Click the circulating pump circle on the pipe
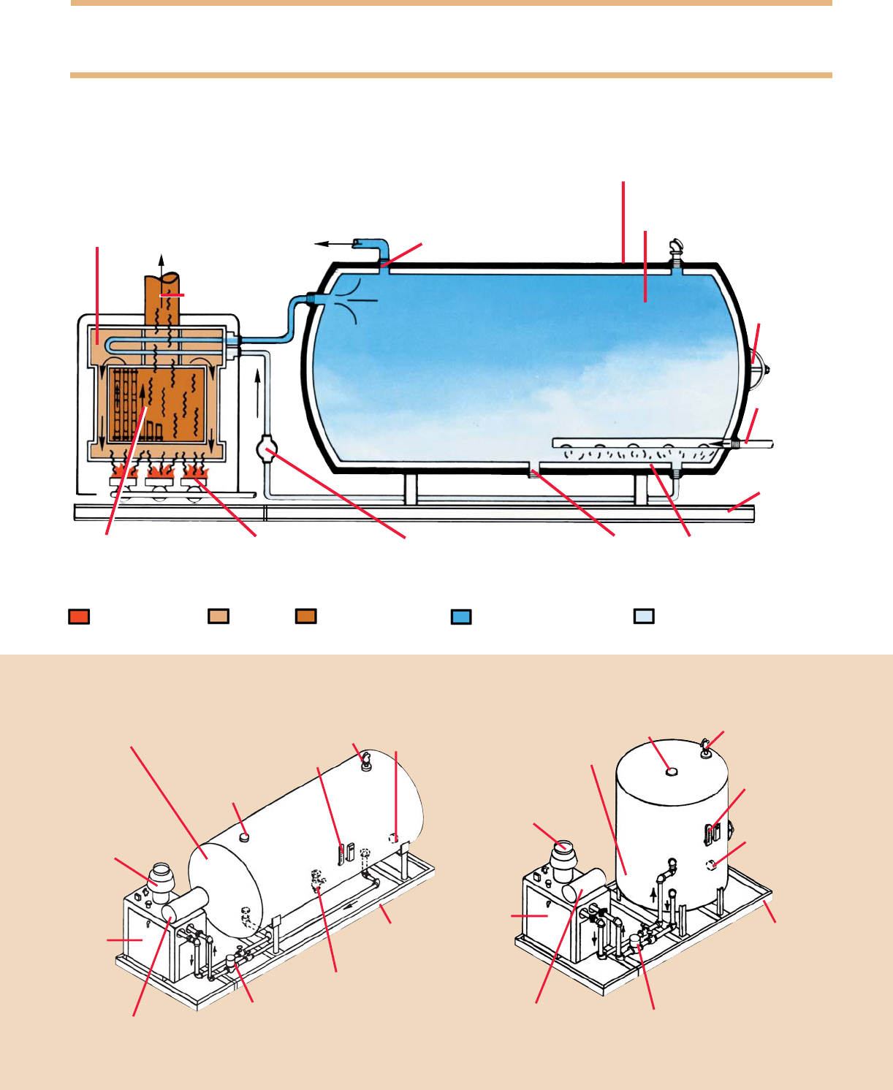click(x=267, y=448)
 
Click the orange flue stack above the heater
click(x=162, y=300)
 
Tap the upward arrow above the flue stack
click(x=162, y=263)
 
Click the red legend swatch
click(x=79, y=616)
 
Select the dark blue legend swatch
click(x=461, y=617)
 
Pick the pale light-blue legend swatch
click(x=644, y=616)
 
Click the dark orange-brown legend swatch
click(x=306, y=616)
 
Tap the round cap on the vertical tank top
click(x=671, y=770)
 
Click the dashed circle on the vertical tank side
click(x=711, y=865)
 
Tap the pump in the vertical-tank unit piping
click(x=635, y=942)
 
